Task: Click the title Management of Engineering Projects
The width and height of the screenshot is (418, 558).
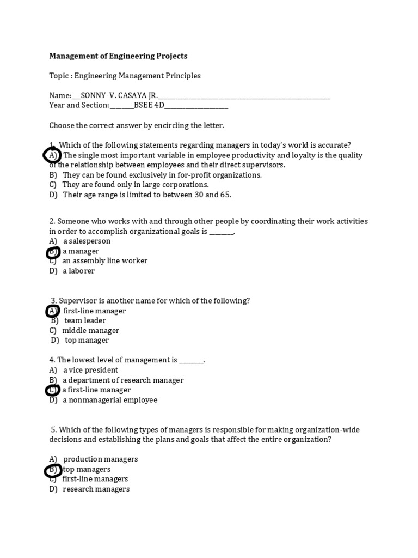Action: pos(118,56)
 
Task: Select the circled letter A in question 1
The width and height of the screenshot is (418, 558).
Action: pos(52,156)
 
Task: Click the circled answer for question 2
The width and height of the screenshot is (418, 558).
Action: pos(53,252)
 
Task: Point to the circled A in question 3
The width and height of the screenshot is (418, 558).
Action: pos(52,311)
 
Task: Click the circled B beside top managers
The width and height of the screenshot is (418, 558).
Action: pos(53,469)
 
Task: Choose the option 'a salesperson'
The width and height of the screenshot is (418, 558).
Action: pos(87,241)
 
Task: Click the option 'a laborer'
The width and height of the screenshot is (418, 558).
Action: pos(79,271)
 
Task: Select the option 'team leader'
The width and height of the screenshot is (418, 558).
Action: pos(85,321)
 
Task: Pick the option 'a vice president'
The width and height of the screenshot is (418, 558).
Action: pos(90,370)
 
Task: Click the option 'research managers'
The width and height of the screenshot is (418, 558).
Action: pos(96,489)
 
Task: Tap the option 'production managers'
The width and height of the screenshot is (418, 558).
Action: pos(101,459)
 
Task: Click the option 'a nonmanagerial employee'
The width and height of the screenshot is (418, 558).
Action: pos(110,400)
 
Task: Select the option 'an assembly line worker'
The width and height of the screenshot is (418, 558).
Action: pos(105,261)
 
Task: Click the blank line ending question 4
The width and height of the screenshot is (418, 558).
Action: pos(192,361)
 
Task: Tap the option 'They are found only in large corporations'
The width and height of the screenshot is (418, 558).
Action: pos(136,185)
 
